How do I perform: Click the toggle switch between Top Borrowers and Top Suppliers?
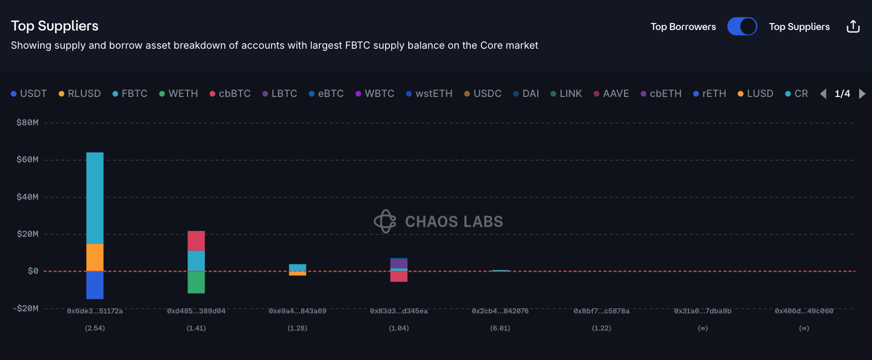click(x=742, y=26)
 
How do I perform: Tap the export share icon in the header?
click(x=853, y=26)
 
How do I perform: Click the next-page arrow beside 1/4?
click(x=862, y=94)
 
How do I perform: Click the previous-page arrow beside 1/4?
click(x=823, y=94)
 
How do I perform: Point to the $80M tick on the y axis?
click(x=27, y=123)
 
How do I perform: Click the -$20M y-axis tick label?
click(x=26, y=309)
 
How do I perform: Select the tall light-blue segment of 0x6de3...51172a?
click(x=95, y=198)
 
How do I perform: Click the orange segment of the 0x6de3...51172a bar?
click(x=95, y=257)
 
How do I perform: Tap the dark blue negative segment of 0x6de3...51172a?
click(x=95, y=285)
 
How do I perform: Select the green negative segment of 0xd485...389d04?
click(x=196, y=282)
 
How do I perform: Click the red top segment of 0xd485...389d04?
click(x=196, y=241)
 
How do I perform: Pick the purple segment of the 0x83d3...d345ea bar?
click(x=399, y=264)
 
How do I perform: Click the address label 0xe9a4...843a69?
click(x=297, y=311)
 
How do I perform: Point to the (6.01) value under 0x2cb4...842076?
click(x=500, y=328)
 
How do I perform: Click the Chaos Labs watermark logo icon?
click(x=385, y=221)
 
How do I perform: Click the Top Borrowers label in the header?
click(x=683, y=27)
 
